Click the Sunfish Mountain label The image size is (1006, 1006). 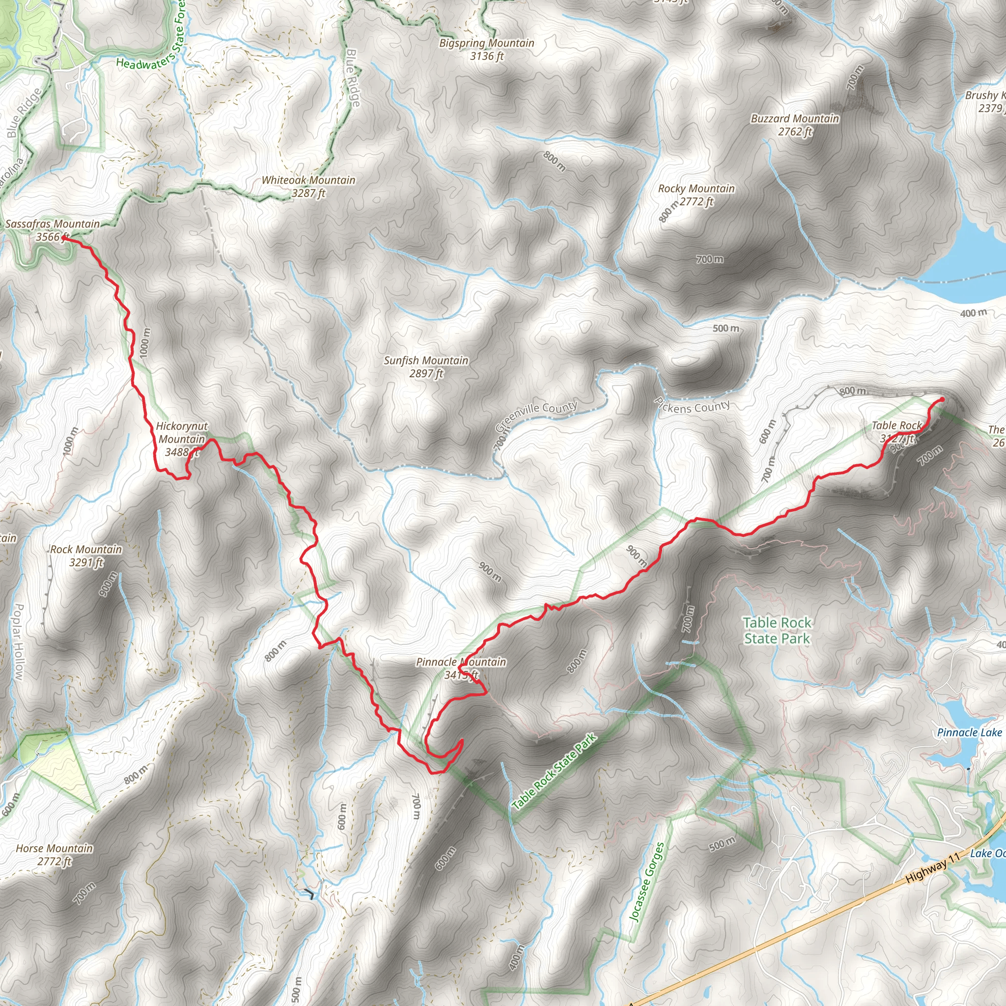click(x=426, y=366)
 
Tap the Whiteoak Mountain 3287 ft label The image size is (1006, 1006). click(x=308, y=186)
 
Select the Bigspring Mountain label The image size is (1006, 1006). click(x=486, y=50)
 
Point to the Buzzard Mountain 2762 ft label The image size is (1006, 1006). click(x=795, y=125)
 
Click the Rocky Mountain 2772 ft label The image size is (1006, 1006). click(x=696, y=195)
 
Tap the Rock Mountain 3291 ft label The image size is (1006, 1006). click(x=86, y=556)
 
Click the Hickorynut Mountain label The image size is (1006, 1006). click(x=182, y=439)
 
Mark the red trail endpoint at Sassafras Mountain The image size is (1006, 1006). click(x=63, y=238)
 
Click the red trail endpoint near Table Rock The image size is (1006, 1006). click(x=942, y=399)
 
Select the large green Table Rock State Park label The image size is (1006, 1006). click(x=777, y=630)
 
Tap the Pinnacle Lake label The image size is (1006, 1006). click(x=969, y=732)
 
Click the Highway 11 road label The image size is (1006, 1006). click(x=932, y=870)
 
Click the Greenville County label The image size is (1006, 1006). click(x=536, y=417)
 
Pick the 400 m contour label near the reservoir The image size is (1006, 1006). click(x=973, y=313)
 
